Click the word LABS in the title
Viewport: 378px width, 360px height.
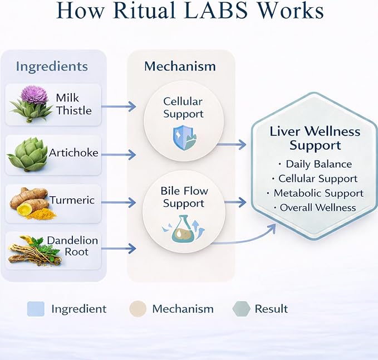coord(217,11)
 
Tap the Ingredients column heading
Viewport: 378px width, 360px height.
coord(52,67)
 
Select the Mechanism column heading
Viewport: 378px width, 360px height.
coord(180,66)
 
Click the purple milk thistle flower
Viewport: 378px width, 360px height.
coord(35,95)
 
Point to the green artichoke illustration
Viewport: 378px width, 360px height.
coord(27,154)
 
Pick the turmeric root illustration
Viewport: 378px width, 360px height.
coord(31,203)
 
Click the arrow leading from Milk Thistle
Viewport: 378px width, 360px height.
coord(119,106)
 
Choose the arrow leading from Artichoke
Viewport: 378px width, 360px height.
coord(119,155)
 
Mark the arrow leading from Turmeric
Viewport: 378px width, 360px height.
coord(119,202)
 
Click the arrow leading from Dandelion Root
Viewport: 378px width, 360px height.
coord(119,249)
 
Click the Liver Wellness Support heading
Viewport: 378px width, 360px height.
coord(315,138)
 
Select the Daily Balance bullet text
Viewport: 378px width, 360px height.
coord(318,164)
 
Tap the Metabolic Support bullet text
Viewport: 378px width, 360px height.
coord(318,193)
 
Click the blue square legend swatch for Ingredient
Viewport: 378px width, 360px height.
coord(36,309)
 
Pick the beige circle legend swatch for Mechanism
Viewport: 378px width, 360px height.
coord(138,309)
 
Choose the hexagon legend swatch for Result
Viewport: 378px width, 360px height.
coord(241,309)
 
